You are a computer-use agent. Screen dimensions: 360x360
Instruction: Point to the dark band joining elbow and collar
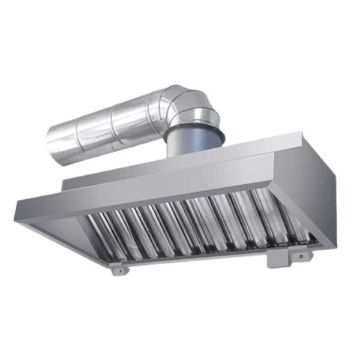(x=191, y=128)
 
